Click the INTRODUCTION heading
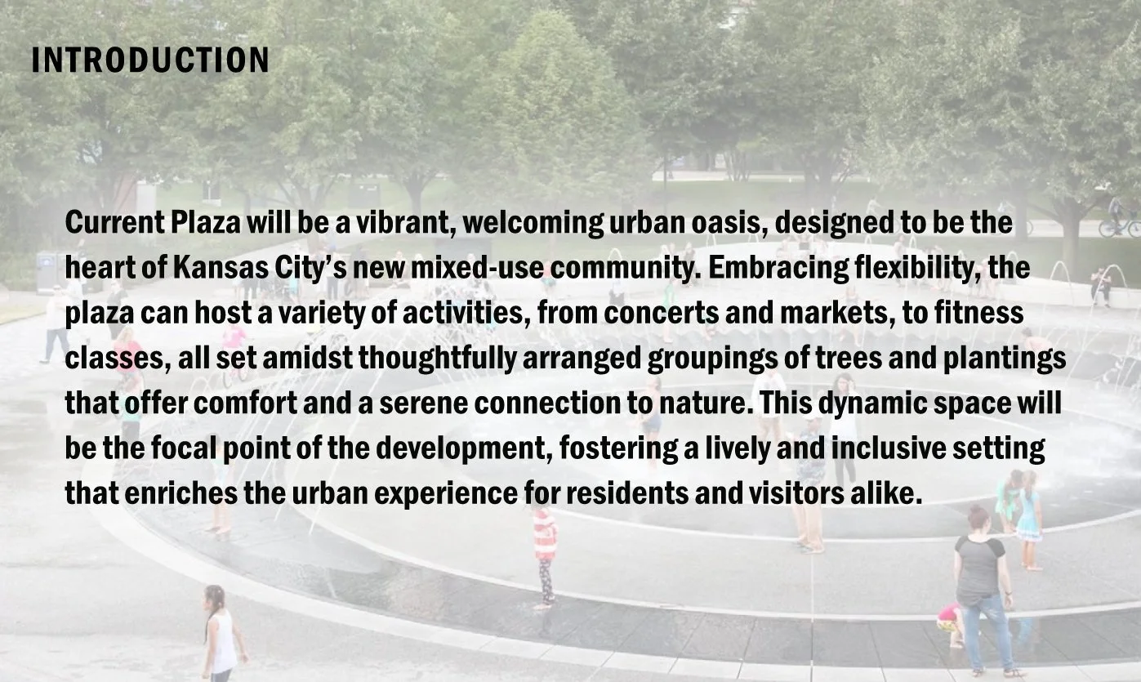tap(150, 60)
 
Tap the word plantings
tap(1005, 359)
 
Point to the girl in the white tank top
tap(223, 634)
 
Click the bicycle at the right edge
tap(1121, 228)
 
